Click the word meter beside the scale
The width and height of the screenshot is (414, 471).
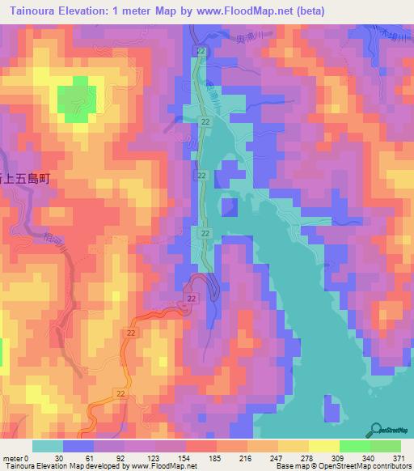tap(11, 457)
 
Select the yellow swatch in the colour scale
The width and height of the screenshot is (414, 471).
tap(324, 446)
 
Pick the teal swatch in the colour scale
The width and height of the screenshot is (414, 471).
tap(48, 446)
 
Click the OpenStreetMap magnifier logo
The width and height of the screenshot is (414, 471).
tap(377, 429)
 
